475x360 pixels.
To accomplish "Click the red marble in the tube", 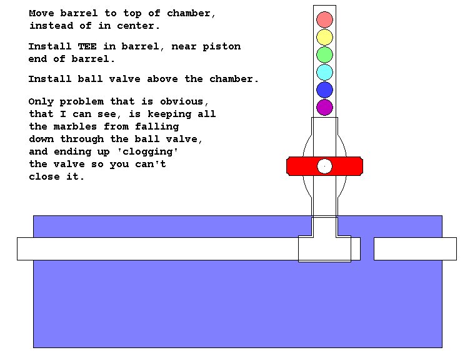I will point(324,19).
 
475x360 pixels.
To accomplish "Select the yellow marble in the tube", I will point(324,37).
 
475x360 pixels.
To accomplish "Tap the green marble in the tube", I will point(324,54).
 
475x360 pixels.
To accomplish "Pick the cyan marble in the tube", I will point(324,72).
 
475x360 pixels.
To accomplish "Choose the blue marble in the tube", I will point(324,90).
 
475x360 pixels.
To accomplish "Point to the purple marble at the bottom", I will point(324,107).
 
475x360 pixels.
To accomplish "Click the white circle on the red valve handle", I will point(324,166).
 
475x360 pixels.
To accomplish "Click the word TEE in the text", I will point(87,46).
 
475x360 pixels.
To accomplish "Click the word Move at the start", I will point(41,13).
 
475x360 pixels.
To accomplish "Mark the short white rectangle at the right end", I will point(415,249).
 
